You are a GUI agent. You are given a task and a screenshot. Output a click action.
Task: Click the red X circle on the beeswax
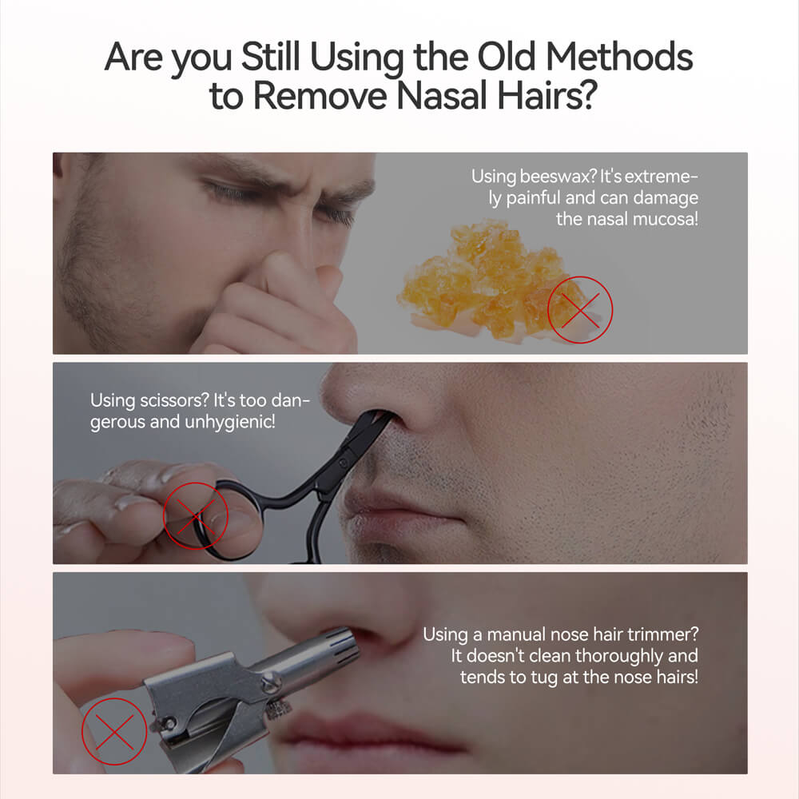(580, 309)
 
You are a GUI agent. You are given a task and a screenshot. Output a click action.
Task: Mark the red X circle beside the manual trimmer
(113, 730)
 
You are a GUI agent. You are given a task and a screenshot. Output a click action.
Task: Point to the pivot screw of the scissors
(344, 462)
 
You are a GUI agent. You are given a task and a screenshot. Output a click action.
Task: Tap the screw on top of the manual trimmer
(271, 682)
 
